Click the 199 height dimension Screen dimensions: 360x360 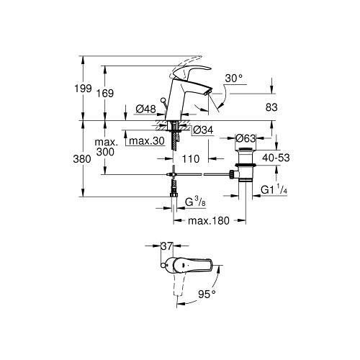(x=83, y=89)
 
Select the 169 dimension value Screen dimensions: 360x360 (x=104, y=94)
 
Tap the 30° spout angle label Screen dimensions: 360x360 (x=234, y=78)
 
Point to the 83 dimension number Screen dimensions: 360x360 (x=271, y=107)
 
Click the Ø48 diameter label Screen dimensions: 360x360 (x=145, y=109)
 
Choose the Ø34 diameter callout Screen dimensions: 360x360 (x=203, y=130)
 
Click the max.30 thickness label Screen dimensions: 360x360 (x=147, y=141)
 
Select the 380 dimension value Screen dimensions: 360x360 (x=82, y=159)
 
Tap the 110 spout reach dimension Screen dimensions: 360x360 (x=191, y=159)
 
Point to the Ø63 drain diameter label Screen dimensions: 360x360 (x=246, y=138)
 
